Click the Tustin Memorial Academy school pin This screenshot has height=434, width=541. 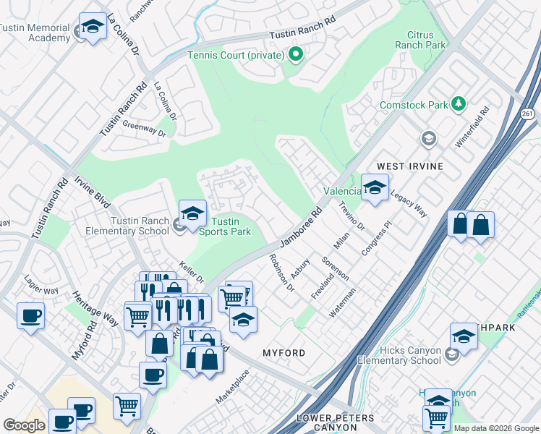[92, 28]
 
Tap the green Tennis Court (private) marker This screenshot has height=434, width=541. [295, 55]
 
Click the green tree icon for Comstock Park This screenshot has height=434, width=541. [458, 105]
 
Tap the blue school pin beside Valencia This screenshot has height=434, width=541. [375, 188]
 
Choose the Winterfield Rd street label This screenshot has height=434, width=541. [472, 128]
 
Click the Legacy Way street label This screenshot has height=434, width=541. [408, 203]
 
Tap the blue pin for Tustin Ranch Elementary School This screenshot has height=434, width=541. [192, 214]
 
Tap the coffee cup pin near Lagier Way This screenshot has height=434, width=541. [30, 317]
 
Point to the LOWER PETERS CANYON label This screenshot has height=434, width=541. [336, 423]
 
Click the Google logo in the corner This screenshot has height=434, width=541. [25, 425]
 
